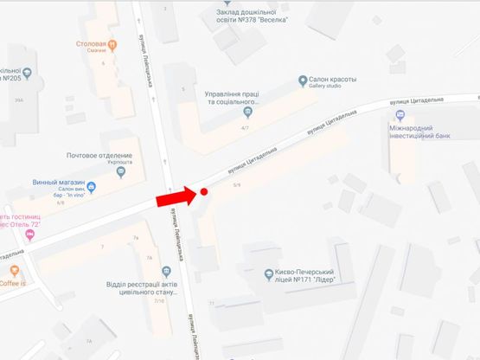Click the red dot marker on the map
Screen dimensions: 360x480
click(x=204, y=192)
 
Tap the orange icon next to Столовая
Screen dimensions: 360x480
click(x=113, y=43)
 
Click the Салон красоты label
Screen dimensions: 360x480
click(x=333, y=80)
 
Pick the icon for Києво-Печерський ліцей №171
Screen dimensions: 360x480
click(x=268, y=273)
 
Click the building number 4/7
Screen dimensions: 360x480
click(x=246, y=128)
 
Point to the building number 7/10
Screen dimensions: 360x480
click(x=158, y=301)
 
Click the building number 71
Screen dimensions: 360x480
click(x=210, y=303)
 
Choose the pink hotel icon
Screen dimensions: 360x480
click(x=31, y=235)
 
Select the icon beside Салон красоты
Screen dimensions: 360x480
click(x=303, y=81)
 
